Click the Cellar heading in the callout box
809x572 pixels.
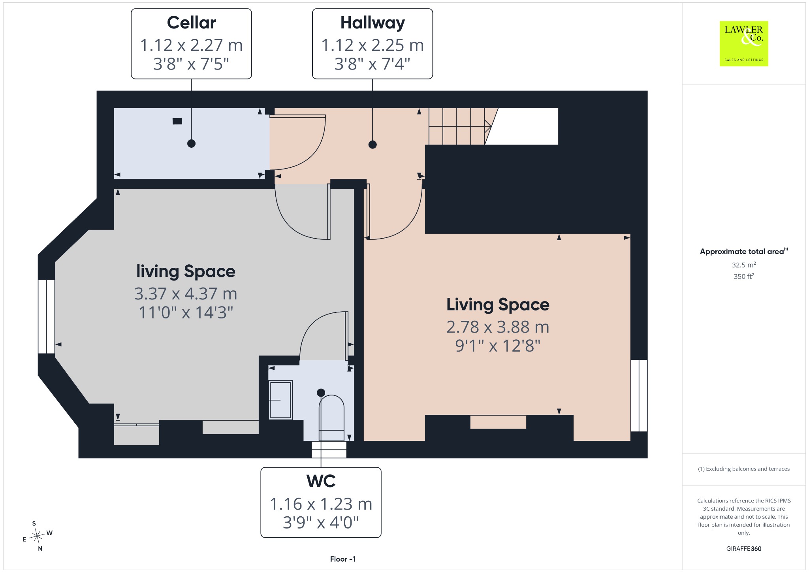coord(191,23)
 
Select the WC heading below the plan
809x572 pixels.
coord(321,481)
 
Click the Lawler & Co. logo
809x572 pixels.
coord(744,43)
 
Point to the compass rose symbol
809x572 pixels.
coord(37,536)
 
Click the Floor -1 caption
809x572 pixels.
coord(343,559)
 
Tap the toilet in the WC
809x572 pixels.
coord(331,418)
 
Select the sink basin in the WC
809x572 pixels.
coord(280,400)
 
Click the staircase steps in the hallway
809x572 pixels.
coord(460,126)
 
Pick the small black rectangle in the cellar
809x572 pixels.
coord(177,121)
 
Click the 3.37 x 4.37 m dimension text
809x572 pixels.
coord(186,294)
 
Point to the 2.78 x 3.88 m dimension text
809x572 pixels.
coord(498,327)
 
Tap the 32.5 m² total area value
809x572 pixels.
coord(744,265)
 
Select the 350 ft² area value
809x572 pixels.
coord(744,276)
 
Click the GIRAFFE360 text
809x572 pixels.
coord(744,548)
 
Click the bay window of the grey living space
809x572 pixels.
coord(47,316)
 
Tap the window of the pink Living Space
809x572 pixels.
coord(639,395)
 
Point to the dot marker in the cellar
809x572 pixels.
coord(191,143)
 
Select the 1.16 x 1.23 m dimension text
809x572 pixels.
coord(321,504)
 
